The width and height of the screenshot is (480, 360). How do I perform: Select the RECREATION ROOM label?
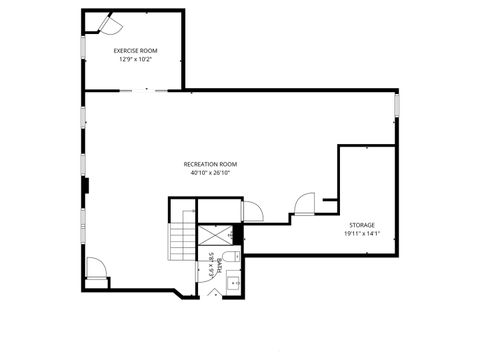pyautogui.click(x=210, y=164)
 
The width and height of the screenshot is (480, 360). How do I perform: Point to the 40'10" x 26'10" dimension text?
pyautogui.click(x=210, y=173)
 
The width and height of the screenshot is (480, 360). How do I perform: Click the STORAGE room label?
pyautogui.click(x=362, y=226)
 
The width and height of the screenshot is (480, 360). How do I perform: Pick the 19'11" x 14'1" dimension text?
pyautogui.click(x=362, y=235)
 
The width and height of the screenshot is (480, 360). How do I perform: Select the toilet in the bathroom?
pyautogui.click(x=230, y=261)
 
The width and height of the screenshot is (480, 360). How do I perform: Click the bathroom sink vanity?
pyautogui.click(x=236, y=282)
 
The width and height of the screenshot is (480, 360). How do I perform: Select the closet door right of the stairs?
pyautogui.click(x=252, y=209)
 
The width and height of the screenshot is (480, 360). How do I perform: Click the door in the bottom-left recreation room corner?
pyautogui.click(x=96, y=267)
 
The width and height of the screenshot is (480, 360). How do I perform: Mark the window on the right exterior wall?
pyautogui.click(x=397, y=104)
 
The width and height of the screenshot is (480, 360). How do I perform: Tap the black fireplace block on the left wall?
pyautogui.click(x=87, y=184)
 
